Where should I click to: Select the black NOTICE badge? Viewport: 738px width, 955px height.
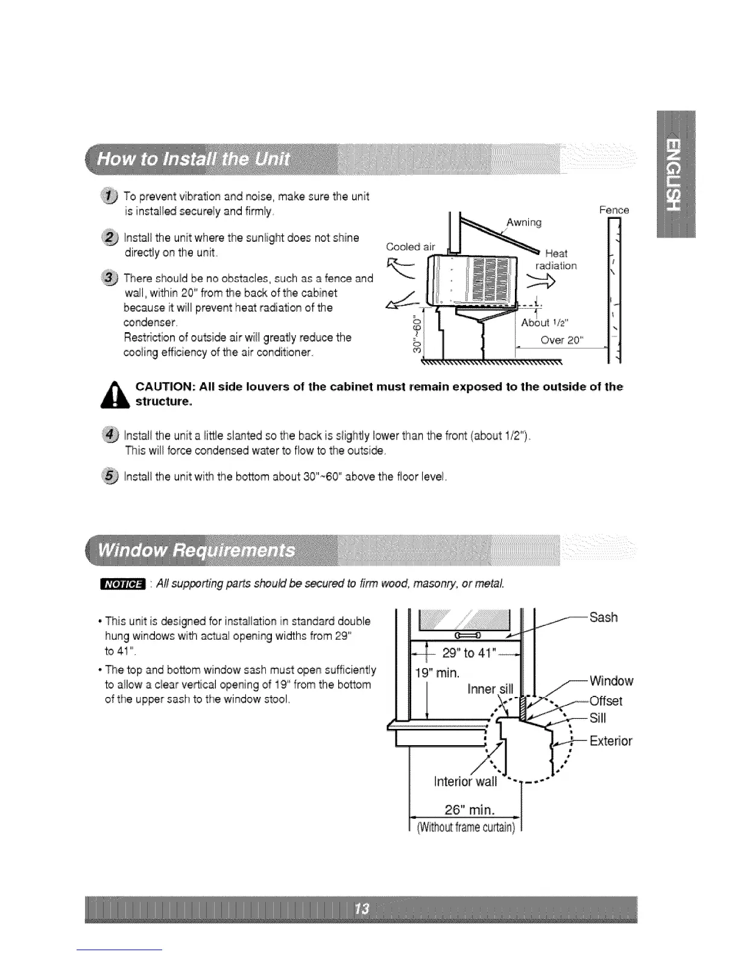pos(122,584)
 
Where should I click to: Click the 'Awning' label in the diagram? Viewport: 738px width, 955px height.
pos(524,222)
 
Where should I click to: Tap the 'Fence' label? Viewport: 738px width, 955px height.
pos(614,210)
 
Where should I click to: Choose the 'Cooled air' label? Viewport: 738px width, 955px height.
pos(410,247)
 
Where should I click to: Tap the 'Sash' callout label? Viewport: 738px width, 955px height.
pos(604,617)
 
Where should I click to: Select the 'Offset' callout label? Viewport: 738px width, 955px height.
pos(606,701)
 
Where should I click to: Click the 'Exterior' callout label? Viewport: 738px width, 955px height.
pos(611,741)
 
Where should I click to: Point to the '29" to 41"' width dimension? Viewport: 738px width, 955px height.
pos(469,653)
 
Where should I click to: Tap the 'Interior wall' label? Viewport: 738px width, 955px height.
pos(465,782)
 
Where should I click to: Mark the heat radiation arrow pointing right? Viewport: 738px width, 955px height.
pos(541,280)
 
